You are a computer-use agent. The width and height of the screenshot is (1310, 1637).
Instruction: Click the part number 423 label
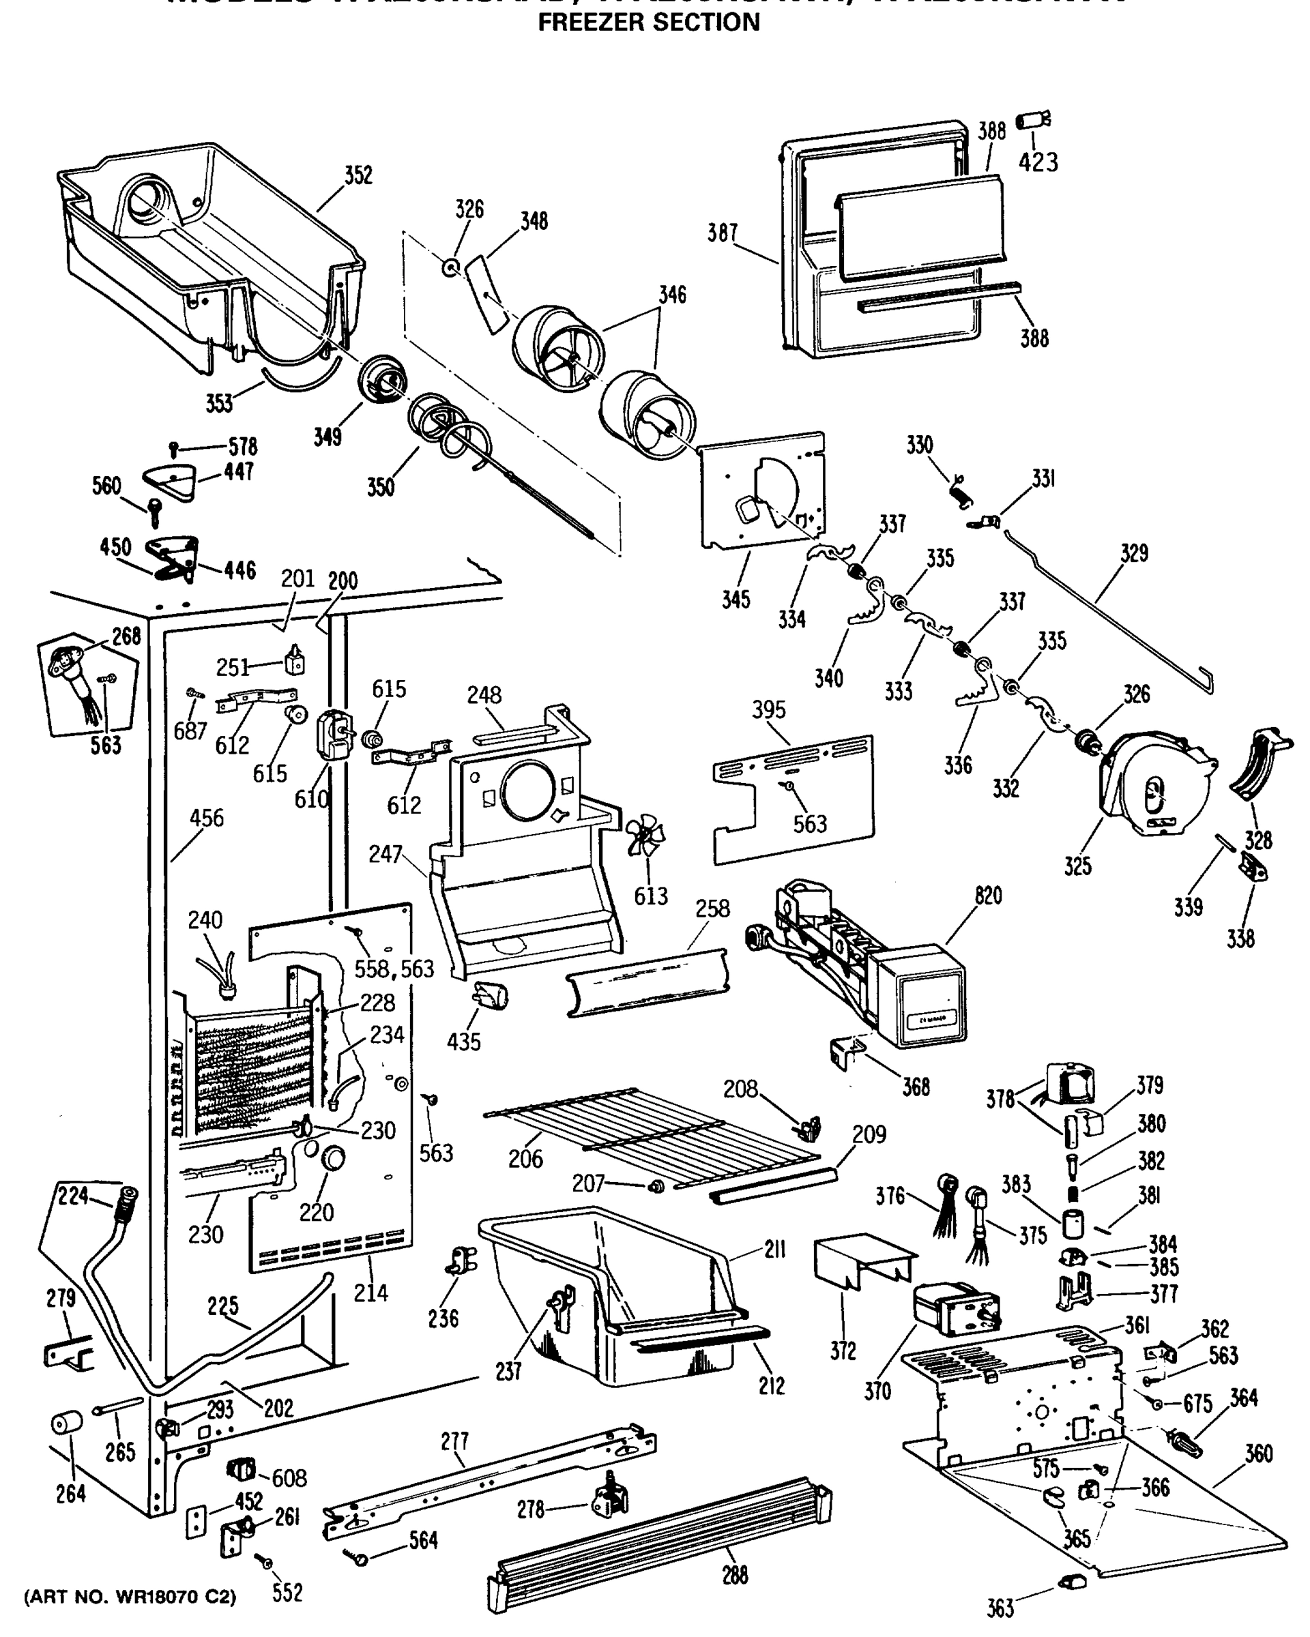pos(1038,162)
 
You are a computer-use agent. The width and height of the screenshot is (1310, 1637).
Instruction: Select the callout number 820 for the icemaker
pos(988,896)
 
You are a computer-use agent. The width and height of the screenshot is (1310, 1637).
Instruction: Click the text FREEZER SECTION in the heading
pos(649,23)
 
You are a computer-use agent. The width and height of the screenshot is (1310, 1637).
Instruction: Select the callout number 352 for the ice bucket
pos(358,175)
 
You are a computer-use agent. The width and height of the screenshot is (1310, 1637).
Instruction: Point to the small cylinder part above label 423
pos(1033,120)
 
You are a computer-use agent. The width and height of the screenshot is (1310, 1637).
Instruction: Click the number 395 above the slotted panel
pos(768,710)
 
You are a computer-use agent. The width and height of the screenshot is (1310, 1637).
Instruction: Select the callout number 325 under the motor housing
pos(1077,866)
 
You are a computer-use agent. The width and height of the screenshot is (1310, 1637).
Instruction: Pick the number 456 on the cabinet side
pos(207,818)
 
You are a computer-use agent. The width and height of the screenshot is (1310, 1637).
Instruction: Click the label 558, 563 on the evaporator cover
pos(394,969)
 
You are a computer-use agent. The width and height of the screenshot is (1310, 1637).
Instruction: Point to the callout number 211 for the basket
pos(774,1249)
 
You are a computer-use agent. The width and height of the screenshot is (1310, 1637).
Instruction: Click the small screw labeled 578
pos(174,449)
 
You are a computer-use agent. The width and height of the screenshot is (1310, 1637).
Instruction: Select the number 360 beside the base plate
pos(1258,1454)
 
